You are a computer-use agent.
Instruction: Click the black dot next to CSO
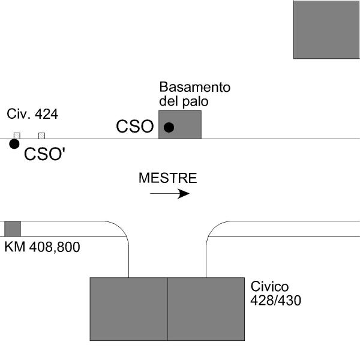pos(169,127)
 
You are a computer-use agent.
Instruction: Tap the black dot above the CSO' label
pos(14,143)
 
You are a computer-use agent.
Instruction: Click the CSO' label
pos(45,155)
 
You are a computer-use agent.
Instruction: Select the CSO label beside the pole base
pos(135,127)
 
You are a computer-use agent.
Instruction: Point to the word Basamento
pos(194,88)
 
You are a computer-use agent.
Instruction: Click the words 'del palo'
pos(184,101)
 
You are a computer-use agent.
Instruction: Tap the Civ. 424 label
pos(32,114)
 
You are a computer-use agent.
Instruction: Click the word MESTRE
pos(167,178)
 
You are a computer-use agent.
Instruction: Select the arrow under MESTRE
pos(170,194)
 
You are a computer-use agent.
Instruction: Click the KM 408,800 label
pos(42,247)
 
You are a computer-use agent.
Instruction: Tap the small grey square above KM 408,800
pos(13,229)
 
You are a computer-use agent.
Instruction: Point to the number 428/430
pos(275,299)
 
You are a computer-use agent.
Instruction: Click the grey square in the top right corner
pos(326,29)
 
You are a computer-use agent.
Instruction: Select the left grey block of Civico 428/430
pos(128,309)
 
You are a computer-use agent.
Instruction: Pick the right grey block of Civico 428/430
pos(206,309)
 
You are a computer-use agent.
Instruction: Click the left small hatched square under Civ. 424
pos(17,136)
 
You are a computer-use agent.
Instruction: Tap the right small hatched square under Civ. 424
pos(41,136)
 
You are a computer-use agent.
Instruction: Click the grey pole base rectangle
pos(186,125)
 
